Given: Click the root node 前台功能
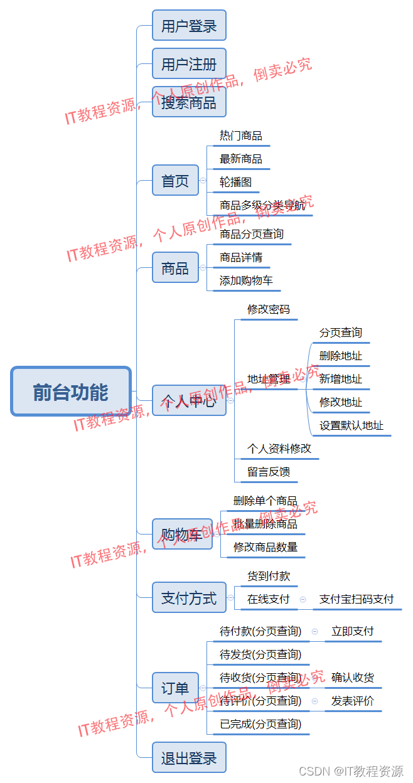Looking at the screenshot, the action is click(x=71, y=391).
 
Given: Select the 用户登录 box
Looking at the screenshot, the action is click(x=189, y=26).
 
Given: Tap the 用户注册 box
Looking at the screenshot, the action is click(x=189, y=64).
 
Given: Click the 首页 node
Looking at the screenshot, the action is click(x=175, y=181).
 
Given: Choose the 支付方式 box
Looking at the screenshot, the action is click(x=189, y=598).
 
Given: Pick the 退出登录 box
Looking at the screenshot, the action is click(x=189, y=758).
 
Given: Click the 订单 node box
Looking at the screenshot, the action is click(x=175, y=688).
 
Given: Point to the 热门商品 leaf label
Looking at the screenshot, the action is click(x=241, y=136).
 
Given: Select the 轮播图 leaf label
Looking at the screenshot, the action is click(x=235, y=182).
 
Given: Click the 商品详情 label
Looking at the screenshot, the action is click(x=241, y=257).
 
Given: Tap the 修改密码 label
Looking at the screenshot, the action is click(x=269, y=309).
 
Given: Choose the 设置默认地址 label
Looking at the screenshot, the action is click(x=351, y=425).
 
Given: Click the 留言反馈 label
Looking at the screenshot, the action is click(x=269, y=472).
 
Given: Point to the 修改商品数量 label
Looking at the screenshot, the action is click(x=265, y=547).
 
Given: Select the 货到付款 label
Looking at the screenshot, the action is click(x=269, y=576).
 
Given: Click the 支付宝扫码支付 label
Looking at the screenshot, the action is click(x=357, y=599).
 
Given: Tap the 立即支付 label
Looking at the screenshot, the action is click(x=353, y=631).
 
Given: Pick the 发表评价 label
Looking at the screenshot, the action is click(x=353, y=701).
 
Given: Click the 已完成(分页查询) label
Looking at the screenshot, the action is click(x=260, y=724).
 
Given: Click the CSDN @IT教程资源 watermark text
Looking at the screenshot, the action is click(x=351, y=771).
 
